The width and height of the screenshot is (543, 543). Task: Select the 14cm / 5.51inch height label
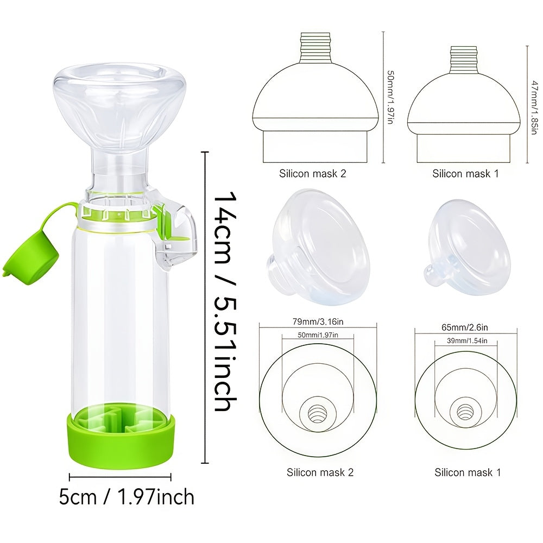tap(225, 301)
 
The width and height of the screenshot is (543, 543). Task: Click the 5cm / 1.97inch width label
tap(127, 497)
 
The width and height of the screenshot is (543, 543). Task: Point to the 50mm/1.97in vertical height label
tap(390, 97)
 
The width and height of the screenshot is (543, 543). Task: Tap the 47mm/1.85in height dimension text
tap(535, 108)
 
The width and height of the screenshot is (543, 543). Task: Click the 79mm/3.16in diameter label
tap(318, 321)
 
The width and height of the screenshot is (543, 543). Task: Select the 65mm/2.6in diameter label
tap(464, 327)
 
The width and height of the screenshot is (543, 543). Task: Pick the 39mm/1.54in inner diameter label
tap(467, 341)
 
